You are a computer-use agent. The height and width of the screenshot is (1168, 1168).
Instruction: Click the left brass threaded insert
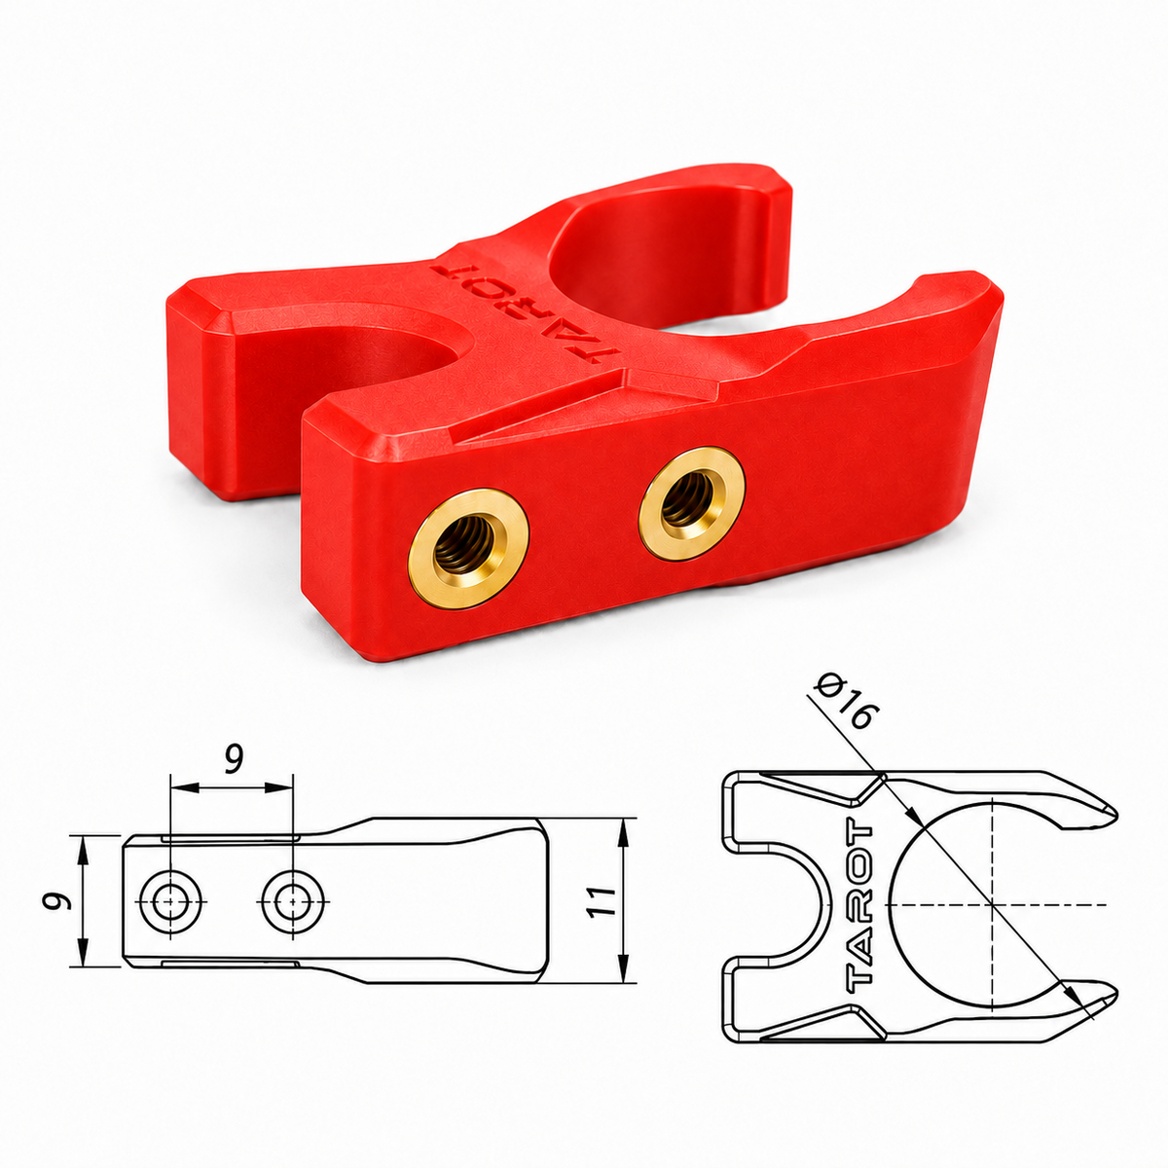tap(468, 548)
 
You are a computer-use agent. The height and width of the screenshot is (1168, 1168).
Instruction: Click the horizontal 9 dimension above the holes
tap(233, 760)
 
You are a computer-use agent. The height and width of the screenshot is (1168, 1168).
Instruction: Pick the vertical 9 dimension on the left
tap(55, 900)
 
